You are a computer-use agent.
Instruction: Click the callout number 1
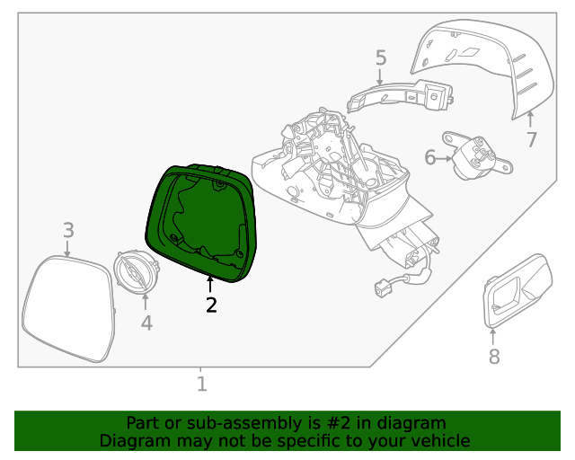pos(201,385)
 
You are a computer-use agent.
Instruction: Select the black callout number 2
pos(211,305)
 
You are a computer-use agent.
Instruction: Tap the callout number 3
pos(68,231)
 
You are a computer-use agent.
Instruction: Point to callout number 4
pos(146,322)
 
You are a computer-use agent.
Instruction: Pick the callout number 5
pos(381,58)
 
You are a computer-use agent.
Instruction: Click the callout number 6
pos(430,158)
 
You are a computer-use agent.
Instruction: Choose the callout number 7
pos(532,139)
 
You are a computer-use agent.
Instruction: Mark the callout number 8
pos(493,357)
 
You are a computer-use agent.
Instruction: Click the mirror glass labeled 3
pos(68,308)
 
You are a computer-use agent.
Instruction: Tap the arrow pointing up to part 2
pos(210,285)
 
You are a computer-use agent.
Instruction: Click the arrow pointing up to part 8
pos(492,337)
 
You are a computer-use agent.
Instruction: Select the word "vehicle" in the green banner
pos(438,440)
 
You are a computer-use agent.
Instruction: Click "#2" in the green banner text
pos(326,422)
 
